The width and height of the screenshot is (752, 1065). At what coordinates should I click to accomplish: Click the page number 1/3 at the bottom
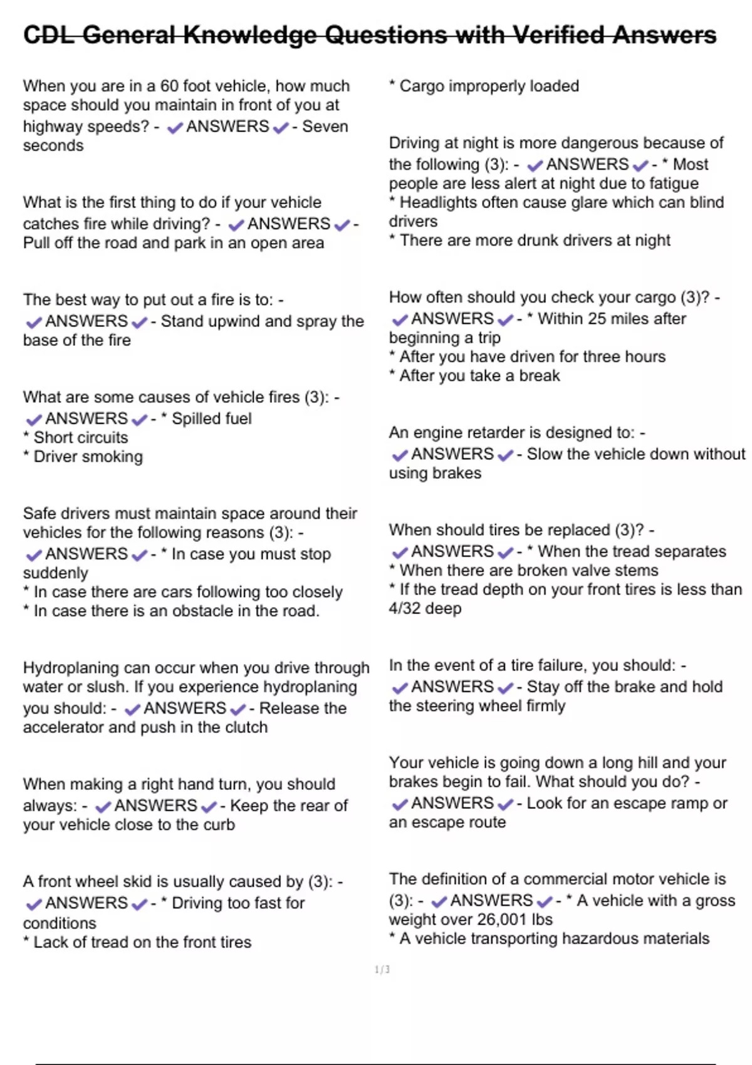(x=382, y=970)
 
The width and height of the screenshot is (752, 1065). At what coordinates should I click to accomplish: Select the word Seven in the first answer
(x=325, y=127)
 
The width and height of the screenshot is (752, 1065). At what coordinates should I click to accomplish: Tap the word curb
(x=219, y=824)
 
